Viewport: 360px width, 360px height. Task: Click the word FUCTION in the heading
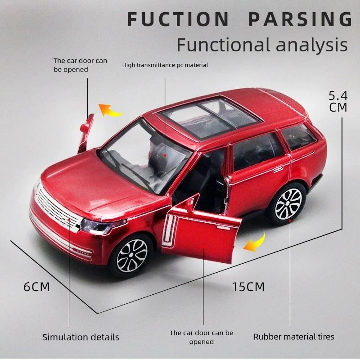coord(178,19)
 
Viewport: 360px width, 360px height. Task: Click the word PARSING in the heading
coord(301,19)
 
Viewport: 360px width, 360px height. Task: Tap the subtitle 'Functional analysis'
coord(262,45)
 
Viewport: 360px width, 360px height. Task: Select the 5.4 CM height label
coord(338,101)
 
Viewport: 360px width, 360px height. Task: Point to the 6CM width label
coord(36,287)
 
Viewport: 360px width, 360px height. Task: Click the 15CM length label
coord(248,287)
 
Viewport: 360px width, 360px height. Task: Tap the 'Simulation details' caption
coord(81,337)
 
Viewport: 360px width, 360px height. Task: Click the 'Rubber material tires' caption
coord(294,337)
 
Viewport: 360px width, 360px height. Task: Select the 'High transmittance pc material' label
coord(165,65)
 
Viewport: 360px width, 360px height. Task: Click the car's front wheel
coord(131,257)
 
